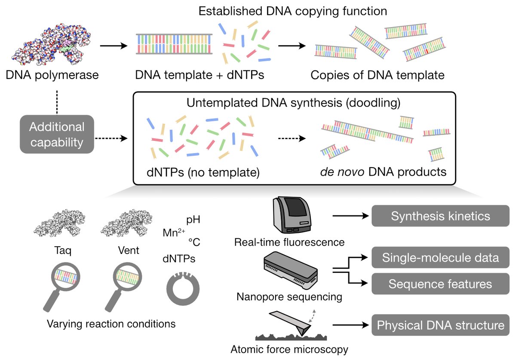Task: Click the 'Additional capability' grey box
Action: [x=57, y=134]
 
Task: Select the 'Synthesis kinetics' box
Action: [x=440, y=216]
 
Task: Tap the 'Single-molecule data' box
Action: [x=440, y=257]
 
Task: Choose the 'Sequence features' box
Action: [x=440, y=284]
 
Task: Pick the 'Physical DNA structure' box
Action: [x=440, y=325]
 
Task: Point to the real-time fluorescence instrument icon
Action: [x=292, y=215]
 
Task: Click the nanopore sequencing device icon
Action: [x=291, y=271]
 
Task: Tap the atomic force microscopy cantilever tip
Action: [x=303, y=335]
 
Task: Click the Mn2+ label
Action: [x=174, y=232]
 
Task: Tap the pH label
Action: [x=193, y=220]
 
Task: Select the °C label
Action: [x=194, y=242]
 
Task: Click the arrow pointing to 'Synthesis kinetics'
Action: [x=350, y=216]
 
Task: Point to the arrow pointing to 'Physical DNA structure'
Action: [x=350, y=325]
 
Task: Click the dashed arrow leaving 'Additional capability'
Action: [x=111, y=138]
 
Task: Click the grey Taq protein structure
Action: [x=59, y=223]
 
